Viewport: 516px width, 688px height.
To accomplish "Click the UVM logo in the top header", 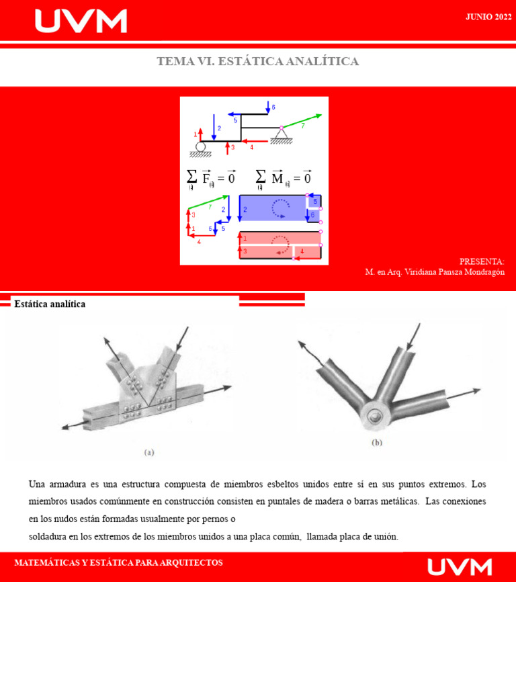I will pyautogui.click(x=81, y=21).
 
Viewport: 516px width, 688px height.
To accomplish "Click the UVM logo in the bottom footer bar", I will pyautogui.click(x=460, y=567).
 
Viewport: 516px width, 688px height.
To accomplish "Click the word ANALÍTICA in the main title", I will pyautogui.click(x=322, y=61).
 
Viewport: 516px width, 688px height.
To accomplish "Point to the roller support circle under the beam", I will pyautogui.click(x=200, y=147).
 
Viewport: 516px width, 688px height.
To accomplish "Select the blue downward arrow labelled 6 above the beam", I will pyautogui.click(x=267, y=107).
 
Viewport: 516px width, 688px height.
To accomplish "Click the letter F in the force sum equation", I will pyautogui.click(x=206, y=178).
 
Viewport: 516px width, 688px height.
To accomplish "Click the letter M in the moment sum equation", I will pyautogui.click(x=277, y=178).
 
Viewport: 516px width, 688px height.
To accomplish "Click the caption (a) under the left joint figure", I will pyautogui.click(x=149, y=452).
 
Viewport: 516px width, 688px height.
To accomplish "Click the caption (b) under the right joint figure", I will pyautogui.click(x=378, y=443).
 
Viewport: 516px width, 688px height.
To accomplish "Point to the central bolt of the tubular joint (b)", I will pyautogui.click(x=374, y=415).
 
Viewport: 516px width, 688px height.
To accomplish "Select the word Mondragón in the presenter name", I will pyautogui.click(x=481, y=272).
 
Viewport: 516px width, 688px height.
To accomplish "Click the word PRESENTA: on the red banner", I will pyautogui.click(x=482, y=261).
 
